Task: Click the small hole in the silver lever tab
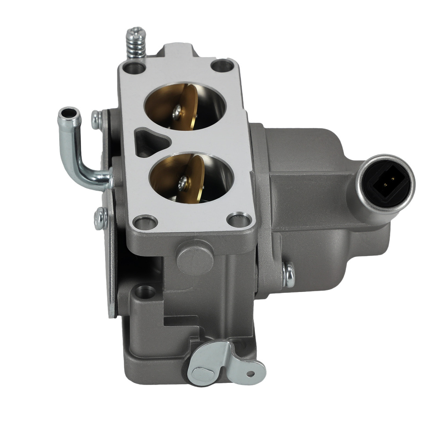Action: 251,374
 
